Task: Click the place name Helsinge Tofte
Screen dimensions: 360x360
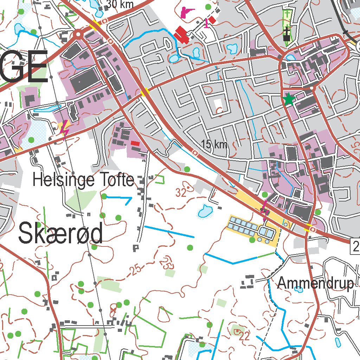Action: click(x=83, y=180)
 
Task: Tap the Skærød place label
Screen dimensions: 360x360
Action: click(x=60, y=234)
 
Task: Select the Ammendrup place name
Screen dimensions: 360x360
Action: click(x=315, y=283)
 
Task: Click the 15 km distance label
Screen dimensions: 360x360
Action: click(x=214, y=144)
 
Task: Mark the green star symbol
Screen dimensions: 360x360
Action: click(x=289, y=99)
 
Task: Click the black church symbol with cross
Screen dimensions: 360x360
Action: click(x=287, y=34)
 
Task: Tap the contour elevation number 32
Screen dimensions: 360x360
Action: click(x=181, y=193)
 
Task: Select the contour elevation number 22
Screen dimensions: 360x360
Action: click(x=244, y=336)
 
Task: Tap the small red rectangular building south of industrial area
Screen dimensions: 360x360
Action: click(x=135, y=143)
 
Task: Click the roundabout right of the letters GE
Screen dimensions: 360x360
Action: click(x=78, y=34)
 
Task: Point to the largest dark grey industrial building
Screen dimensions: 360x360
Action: click(x=84, y=79)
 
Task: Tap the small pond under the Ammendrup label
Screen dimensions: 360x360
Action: click(x=298, y=290)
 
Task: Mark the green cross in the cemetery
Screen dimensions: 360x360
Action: click(x=287, y=14)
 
